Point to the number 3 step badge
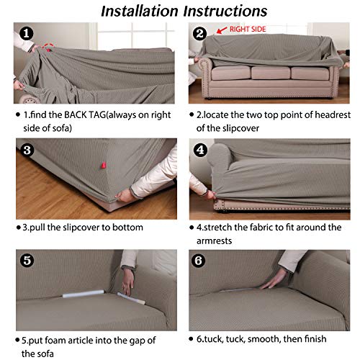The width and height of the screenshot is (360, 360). [25, 151]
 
